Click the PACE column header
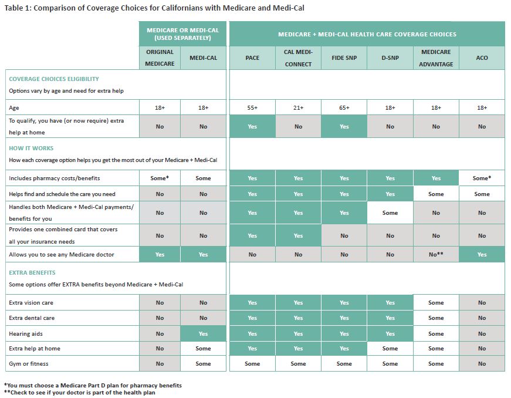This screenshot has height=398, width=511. (x=252, y=58)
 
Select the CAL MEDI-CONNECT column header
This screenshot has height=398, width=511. (x=298, y=58)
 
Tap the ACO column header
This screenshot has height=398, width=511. (x=482, y=58)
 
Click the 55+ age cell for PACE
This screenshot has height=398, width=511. (x=252, y=108)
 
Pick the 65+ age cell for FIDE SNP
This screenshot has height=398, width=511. (x=344, y=108)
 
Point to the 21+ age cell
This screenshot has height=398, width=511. (x=298, y=108)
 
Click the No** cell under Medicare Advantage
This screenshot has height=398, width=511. (x=436, y=255)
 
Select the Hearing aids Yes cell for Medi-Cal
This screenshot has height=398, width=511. (x=203, y=333)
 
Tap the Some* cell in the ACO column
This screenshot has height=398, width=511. (x=482, y=178)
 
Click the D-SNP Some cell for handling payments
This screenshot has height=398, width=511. (x=390, y=213)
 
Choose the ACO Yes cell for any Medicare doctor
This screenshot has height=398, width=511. (x=482, y=255)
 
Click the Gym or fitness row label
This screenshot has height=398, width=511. (x=28, y=363)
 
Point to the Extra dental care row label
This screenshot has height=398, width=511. (x=31, y=318)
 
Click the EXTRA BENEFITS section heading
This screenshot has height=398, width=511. (x=32, y=273)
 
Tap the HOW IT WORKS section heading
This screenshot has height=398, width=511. (x=31, y=149)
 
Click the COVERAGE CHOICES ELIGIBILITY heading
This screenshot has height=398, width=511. (x=54, y=79)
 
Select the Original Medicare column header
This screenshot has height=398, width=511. (x=160, y=58)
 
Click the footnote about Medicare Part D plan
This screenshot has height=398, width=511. (x=93, y=385)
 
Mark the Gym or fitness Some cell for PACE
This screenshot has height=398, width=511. (x=252, y=363)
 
